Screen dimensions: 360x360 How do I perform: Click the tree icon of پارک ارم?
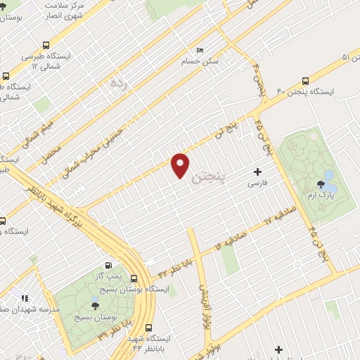point(321,185)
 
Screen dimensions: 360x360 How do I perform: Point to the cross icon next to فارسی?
point(258,172)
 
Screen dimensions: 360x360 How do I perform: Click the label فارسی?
point(257,184)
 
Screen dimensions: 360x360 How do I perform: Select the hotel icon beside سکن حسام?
point(200,51)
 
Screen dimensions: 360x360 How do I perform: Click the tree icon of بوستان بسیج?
point(95,304)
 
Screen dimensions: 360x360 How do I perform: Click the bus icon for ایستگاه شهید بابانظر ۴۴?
point(148,327)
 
